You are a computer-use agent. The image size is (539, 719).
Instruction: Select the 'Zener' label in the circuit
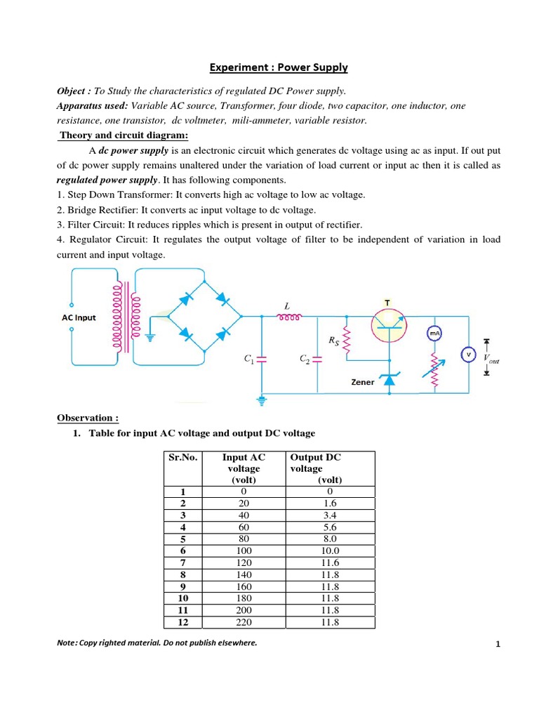363,382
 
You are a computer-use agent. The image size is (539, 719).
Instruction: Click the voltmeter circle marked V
468,355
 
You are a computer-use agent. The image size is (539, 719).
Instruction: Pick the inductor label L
286,306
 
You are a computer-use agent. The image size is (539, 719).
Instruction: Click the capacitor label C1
248,359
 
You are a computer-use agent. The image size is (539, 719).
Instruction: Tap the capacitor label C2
305,359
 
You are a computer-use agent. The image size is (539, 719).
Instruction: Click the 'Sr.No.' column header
183,457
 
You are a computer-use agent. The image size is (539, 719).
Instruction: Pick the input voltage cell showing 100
246,551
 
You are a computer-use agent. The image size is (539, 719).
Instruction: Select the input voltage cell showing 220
246,622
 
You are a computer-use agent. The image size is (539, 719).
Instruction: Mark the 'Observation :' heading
84,418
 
